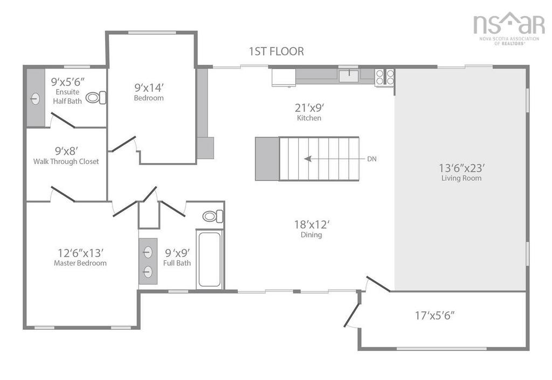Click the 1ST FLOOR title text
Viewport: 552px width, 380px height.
tap(276, 51)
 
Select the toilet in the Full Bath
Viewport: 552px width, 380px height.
tap(212, 216)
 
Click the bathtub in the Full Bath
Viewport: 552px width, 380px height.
tap(210, 259)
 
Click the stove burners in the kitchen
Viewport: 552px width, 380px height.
tap(385, 77)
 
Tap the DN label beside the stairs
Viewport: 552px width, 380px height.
tap(372, 159)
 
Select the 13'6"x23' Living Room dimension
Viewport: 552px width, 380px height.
tap(461, 167)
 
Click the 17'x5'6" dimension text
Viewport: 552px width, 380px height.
tap(434, 315)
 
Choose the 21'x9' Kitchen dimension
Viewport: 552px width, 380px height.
tap(309, 107)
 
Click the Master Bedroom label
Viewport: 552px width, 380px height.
tap(80, 263)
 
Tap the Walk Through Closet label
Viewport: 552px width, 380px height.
tap(66, 161)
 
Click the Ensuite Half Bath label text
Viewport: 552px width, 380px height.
tap(67, 97)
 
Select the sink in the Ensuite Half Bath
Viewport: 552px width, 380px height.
tap(36, 98)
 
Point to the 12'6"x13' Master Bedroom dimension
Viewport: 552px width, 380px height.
tap(80, 252)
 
